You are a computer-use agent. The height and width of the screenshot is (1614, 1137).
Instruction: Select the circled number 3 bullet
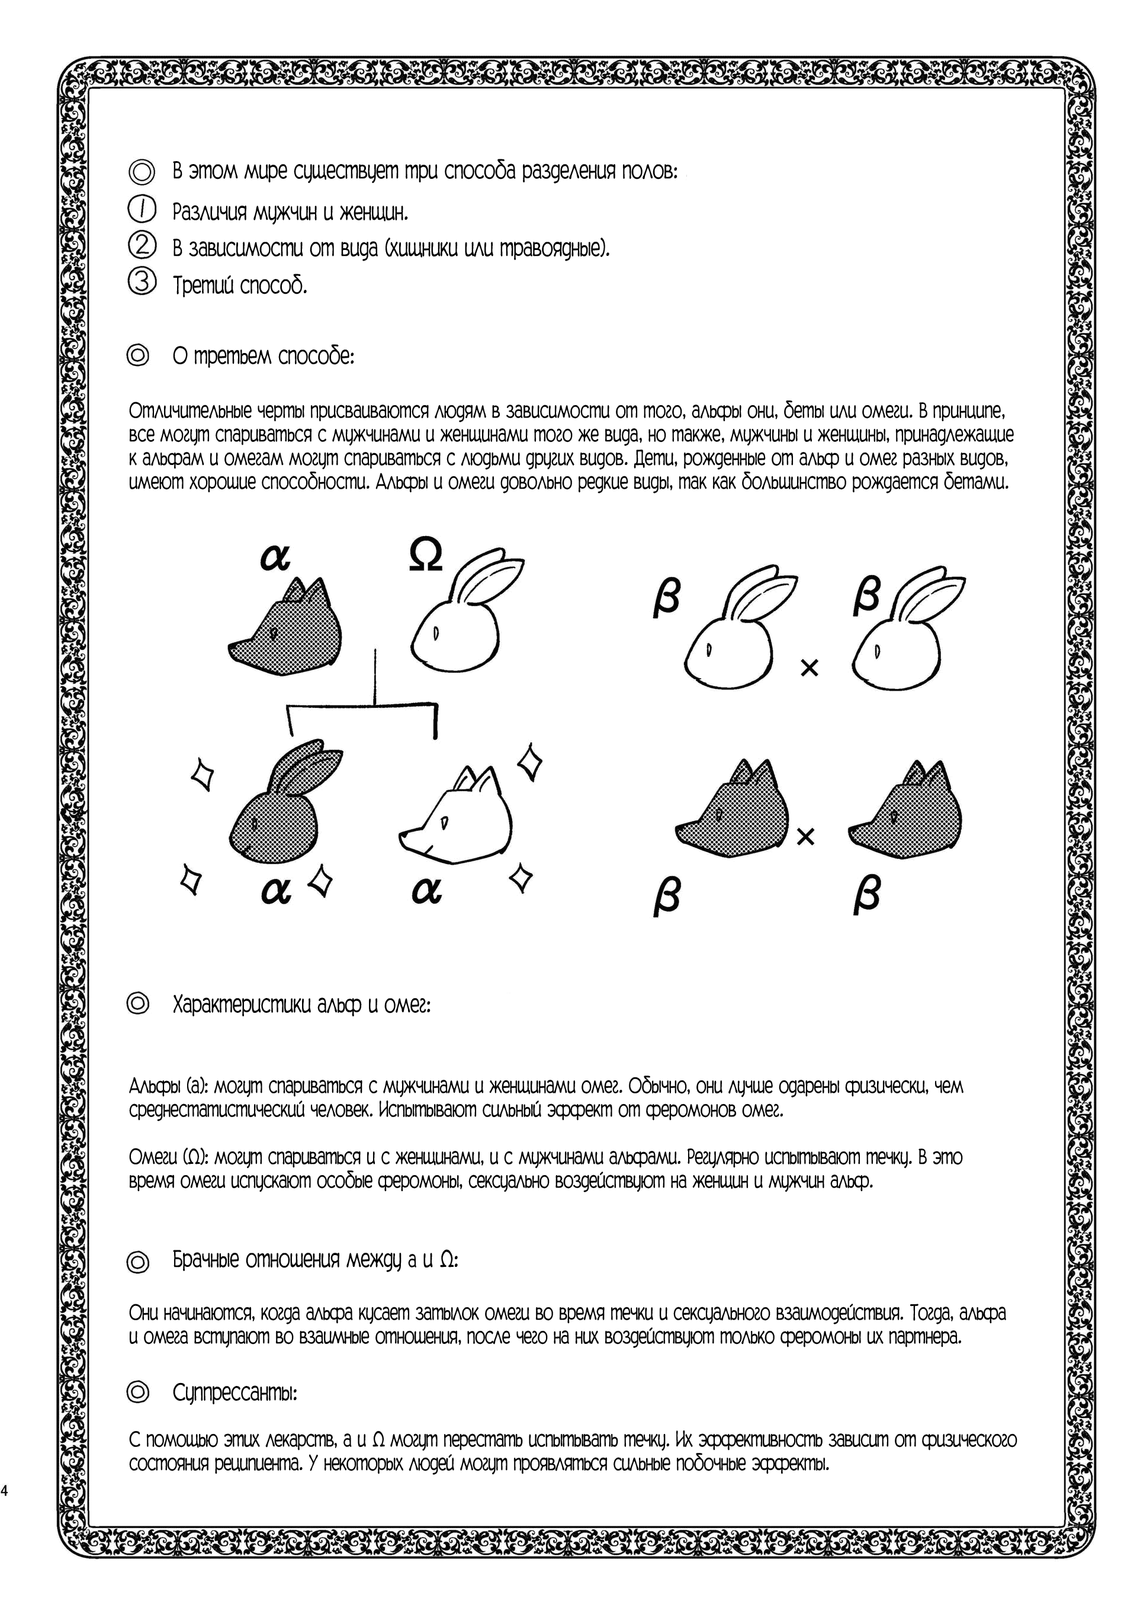click(x=142, y=282)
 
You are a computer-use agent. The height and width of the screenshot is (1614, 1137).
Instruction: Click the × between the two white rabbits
click(x=810, y=668)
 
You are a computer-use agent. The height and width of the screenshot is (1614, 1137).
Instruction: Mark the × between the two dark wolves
click(x=806, y=836)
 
